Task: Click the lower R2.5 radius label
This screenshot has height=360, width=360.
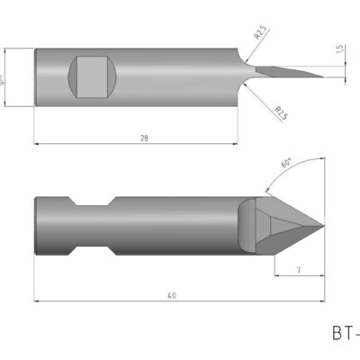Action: click(x=280, y=112)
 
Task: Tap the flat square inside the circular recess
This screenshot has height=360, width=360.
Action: click(x=93, y=76)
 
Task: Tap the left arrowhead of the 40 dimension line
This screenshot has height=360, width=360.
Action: click(x=36, y=300)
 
